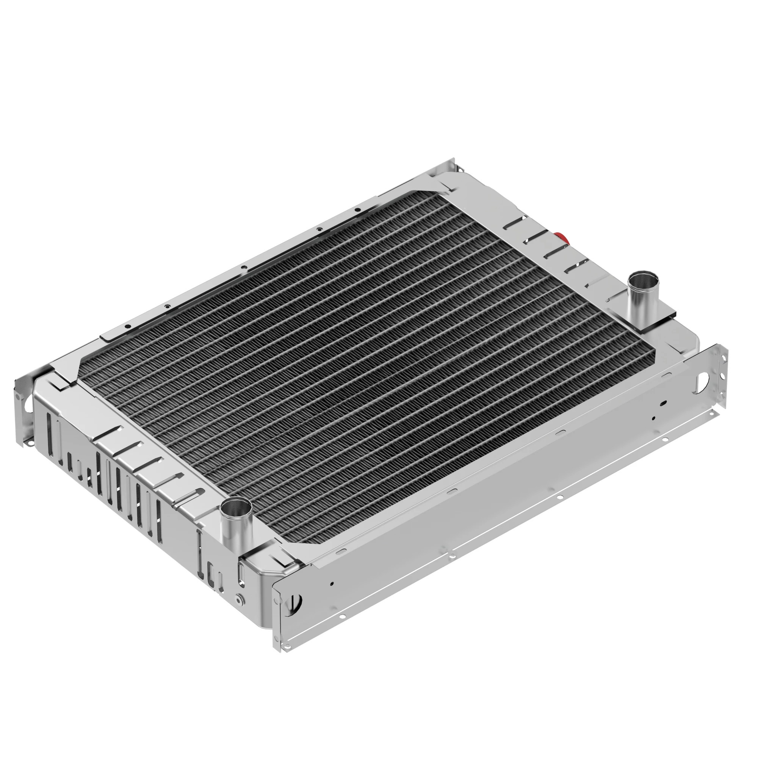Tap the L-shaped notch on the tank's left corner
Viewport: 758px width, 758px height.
(x=59, y=382)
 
